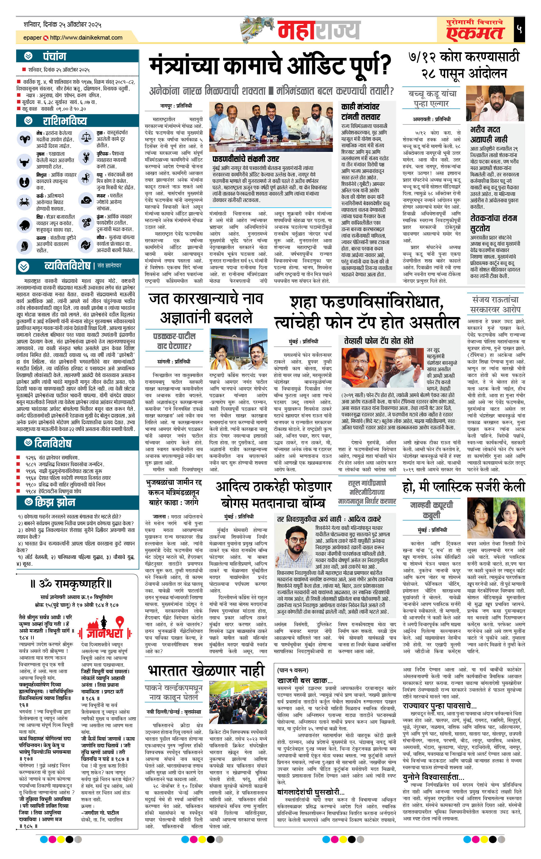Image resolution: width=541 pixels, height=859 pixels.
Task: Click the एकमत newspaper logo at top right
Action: [475, 30]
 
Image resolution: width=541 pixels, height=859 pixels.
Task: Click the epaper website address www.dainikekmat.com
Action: [86, 37]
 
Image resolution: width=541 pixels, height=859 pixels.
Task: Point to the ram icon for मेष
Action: [25, 138]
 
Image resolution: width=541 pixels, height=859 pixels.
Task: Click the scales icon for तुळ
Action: [86, 137]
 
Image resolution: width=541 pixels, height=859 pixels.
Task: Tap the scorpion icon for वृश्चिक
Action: [86, 157]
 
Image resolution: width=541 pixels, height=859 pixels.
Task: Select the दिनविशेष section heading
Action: [53, 443]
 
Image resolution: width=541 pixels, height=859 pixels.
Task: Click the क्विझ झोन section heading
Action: [55, 502]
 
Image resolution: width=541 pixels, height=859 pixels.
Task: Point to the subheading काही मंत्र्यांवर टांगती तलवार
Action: [360, 111]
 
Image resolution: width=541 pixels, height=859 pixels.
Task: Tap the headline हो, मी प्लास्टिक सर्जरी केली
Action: [464, 486]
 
